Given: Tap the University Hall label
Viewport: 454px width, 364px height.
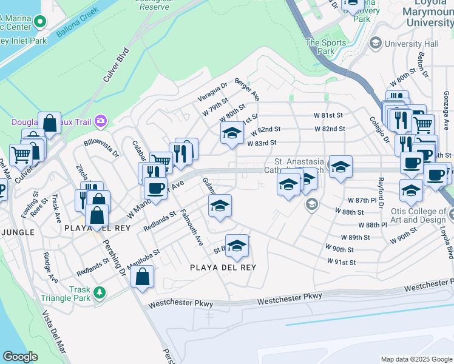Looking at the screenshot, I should [x=405, y=44].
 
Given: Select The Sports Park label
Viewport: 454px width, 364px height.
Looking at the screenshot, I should [x=326, y=47].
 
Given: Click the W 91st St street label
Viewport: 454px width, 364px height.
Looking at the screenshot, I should [x=340, y=261].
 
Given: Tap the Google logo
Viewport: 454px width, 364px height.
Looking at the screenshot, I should [x=20, y=357].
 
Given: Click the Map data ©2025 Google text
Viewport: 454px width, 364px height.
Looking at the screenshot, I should [x=416, y=359].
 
